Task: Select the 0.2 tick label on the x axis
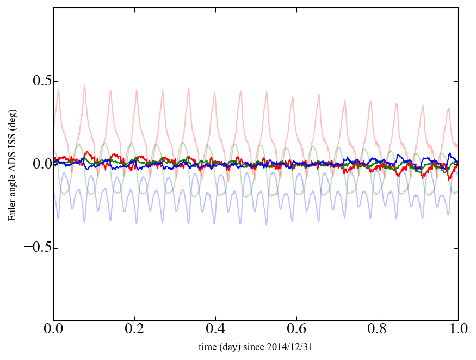[134, 330]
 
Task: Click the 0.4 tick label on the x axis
[215, 330]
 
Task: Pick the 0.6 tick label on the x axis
[296, 330]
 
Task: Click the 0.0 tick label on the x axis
[53, 330]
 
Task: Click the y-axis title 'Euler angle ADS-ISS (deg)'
[11, 164]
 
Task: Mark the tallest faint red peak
[84, 86]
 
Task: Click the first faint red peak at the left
[58, 89]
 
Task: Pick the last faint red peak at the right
[449, 108]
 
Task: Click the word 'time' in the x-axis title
[207, 346]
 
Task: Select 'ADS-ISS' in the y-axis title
[11, 151]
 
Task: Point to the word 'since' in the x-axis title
[263, 346]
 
